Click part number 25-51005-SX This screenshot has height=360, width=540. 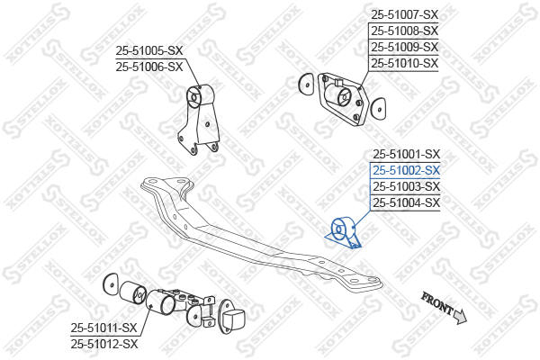pos(148,50)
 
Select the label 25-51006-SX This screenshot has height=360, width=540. pos(148,67)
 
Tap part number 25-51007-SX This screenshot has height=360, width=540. pos(404,14)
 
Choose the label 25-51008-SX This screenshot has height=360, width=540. pos(404,31)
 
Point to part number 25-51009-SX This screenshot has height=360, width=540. pos(404,47)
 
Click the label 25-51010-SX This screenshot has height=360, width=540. pos(404,63)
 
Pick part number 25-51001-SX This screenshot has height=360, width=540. pos(406,154)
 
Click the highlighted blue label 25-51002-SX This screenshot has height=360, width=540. pos(406,170)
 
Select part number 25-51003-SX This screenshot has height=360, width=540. pos(406,186)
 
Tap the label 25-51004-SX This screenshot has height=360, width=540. pos(406,202)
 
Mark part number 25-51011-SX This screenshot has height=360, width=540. pos(104,328)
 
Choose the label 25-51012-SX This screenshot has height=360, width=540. pos(104,344)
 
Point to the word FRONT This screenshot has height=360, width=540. pos(437,304)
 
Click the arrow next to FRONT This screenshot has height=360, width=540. pos(460,315)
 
